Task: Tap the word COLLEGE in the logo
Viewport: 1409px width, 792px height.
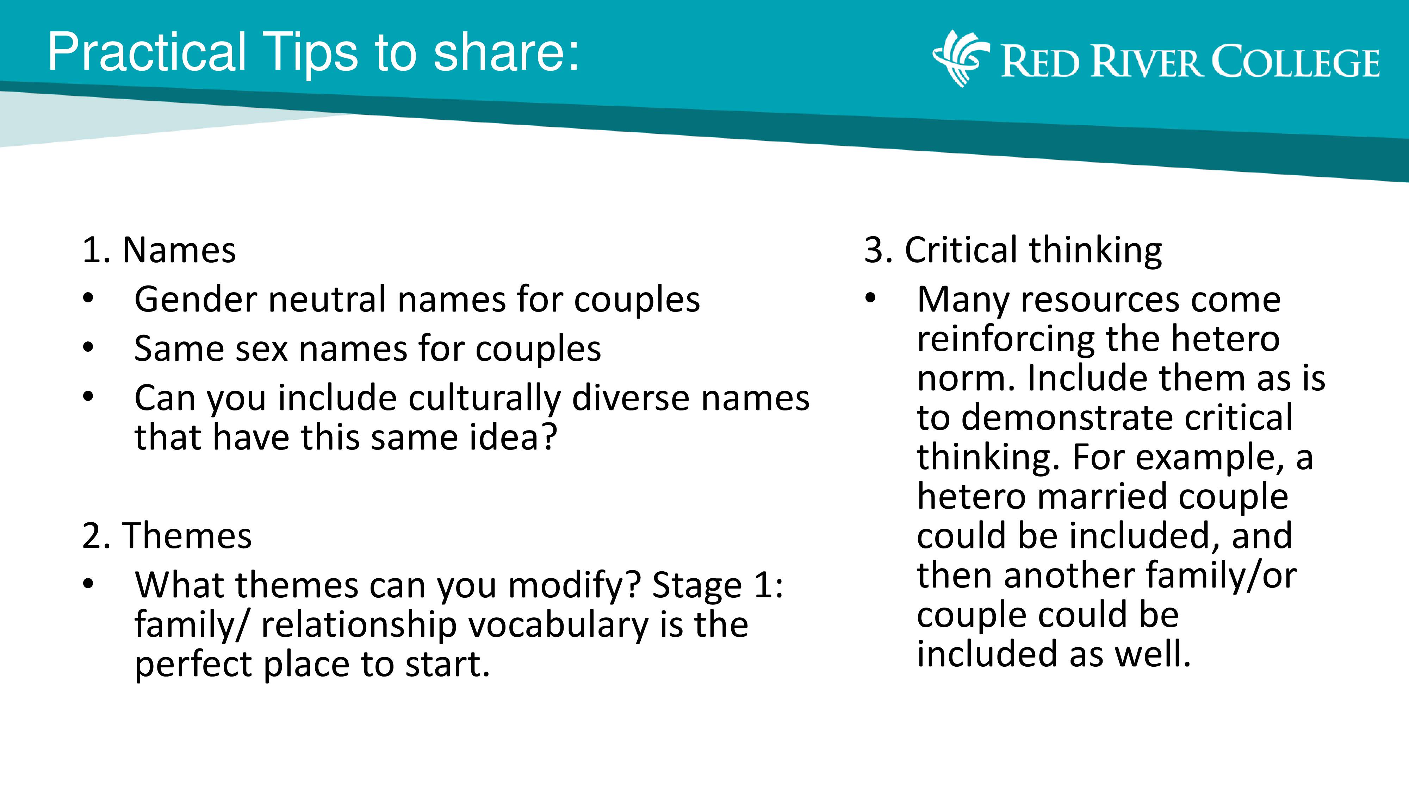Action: click(1296, 62)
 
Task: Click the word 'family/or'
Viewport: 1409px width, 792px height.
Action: click(1221, 576)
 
